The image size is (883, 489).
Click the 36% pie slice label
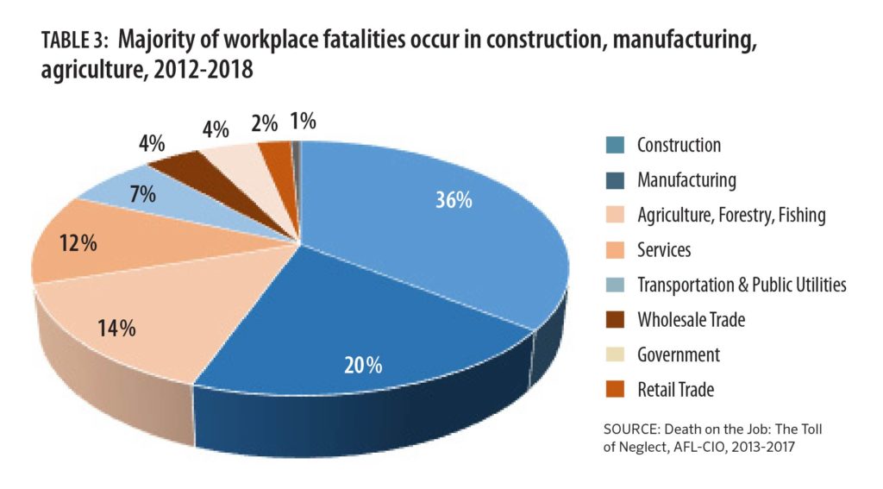pos(454,200)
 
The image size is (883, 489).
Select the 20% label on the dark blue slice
pos(363,365)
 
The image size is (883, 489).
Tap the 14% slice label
pos(116,328)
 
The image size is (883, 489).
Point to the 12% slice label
pos(78,243)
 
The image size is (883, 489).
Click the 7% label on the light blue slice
pos(142,194)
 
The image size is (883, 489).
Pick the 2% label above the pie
pos(264,123)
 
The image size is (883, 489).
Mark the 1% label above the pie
pos(303,121)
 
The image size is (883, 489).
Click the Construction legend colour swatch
pos(615,145)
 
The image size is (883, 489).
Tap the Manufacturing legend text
pos(686,180)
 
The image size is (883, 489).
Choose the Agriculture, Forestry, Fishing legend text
pos(731,216)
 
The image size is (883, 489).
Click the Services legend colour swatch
pos(615,249)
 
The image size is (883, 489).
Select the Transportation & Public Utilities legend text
pos(742,285)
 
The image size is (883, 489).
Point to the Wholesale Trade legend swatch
pos(615,319)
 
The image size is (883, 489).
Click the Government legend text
pos(679,355)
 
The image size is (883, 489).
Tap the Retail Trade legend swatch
pos(615,389)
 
